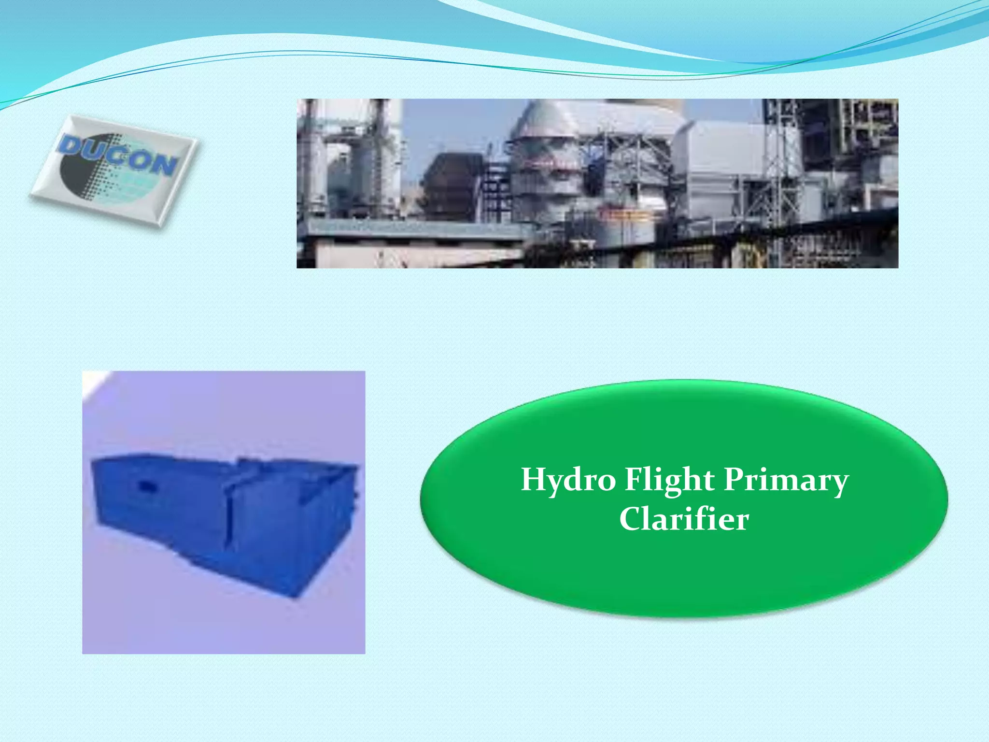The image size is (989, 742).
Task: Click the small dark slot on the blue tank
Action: [x=145, y=485]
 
